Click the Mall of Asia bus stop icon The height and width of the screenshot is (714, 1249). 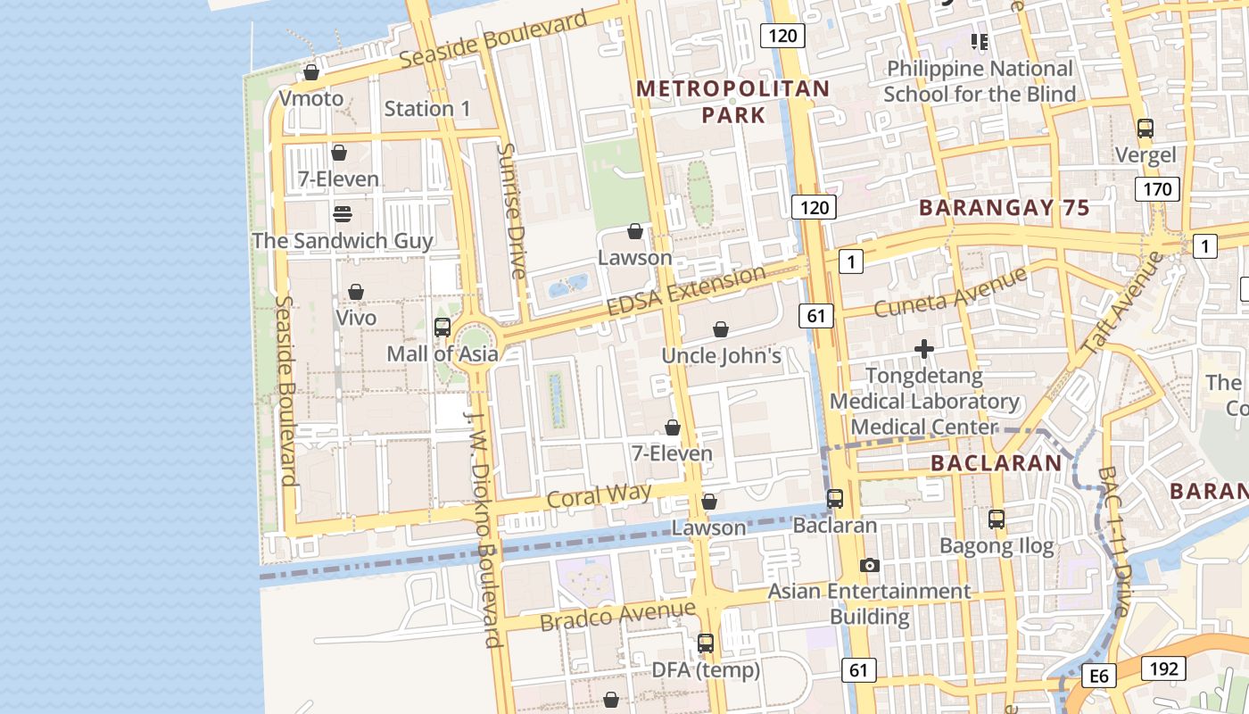pyautogui.click(x=443, y=328)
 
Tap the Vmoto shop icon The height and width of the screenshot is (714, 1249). pyautogui.click(x=311, y=72)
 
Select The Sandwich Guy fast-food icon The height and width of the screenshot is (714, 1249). pyautogui.click(x=343, y=214)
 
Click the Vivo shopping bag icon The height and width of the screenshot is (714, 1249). pyautogui.click(x=356, y=292)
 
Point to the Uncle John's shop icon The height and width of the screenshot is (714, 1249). pyautogui.click(x=721, y=329)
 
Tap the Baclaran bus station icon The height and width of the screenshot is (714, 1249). pyautogui.click(x=835, y=499)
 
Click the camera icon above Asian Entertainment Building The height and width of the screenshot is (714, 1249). pyautogui.click(x=870, y=565)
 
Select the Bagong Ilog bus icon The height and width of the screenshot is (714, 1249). pyautogui.click(x=997, y=519)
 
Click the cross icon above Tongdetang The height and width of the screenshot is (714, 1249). pyautogui.click(x=924, y=349)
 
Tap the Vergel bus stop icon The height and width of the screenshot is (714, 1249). pyautogui.click(x=1146, y=129)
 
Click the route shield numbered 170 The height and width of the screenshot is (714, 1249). pyautogui.click(x=1157, y=189)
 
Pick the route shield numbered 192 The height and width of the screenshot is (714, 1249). pyautogui.click(x=1163, y=668)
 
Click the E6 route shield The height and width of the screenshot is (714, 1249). pyautogui.click(x=1099, y=677)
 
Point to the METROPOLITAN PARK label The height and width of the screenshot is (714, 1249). pyautogui.click(x=733, y=102)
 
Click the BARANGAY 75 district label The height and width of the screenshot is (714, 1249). pyautogui.click(x=1004, y=208)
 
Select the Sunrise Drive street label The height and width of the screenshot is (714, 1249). pyautogui.click(x=511, y=212)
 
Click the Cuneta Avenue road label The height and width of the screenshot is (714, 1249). pyautogui.click(x=950, y=293)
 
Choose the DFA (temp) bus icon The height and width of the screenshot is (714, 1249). pyautogui.click(x=706, y=643)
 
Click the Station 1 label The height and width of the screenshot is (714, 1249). pyautogui.click(x=427, y=109)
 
